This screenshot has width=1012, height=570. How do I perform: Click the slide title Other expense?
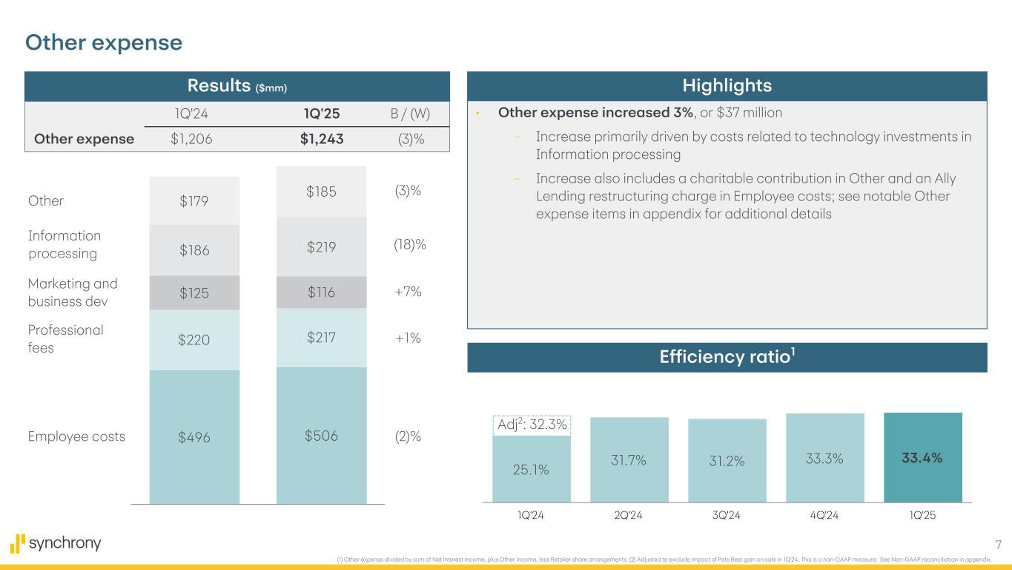104,43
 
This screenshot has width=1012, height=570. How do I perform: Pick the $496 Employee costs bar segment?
194,437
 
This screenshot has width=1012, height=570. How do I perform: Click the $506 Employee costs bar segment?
321,436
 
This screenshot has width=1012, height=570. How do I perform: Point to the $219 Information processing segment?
321,246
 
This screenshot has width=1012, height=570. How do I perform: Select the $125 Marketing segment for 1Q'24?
194,293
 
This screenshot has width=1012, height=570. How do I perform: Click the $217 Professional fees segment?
321,338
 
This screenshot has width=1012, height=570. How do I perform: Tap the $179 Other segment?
194,201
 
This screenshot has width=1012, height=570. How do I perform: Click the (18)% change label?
409,244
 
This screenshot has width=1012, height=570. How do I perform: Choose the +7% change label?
409,292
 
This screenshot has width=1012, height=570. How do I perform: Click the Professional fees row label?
65,338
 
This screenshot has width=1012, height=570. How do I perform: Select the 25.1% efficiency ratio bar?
532,469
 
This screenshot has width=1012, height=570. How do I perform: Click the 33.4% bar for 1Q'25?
923,458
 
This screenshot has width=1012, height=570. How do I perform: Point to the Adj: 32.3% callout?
531,425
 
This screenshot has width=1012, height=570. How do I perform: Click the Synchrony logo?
56,543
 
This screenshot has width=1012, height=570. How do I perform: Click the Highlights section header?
727,86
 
